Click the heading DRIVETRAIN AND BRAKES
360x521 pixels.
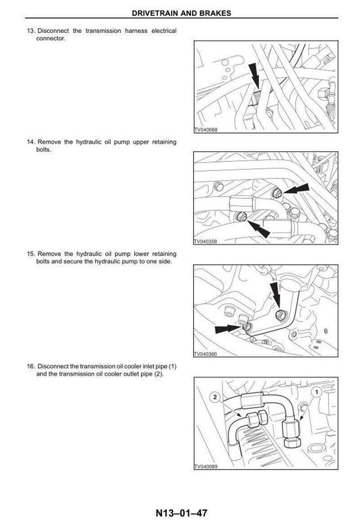pyautogui.click(x=181, y=14)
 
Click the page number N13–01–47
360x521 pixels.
pyautogui.click(x=181, y=513)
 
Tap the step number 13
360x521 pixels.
pyautogui.click(x=31, y=31)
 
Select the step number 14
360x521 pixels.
pyautogui.click(x=31, y=142)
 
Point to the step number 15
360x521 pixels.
pyautogui.click(x=31, y=254)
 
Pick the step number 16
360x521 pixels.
pyautogui.click(x=31, y=367)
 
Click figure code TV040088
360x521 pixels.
pyautogui.click(x=206, y=130)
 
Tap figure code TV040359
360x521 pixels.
pyautogui.click(x=206, y=241)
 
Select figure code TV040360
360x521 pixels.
pyautogui.click(x=206, y=354)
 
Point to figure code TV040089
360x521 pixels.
pyautogui.click(x=206, y=467)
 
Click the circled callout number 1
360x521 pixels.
pyautogui.click(x=316, y=392)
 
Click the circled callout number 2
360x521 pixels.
pyautogui.click(x=215, y=397)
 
